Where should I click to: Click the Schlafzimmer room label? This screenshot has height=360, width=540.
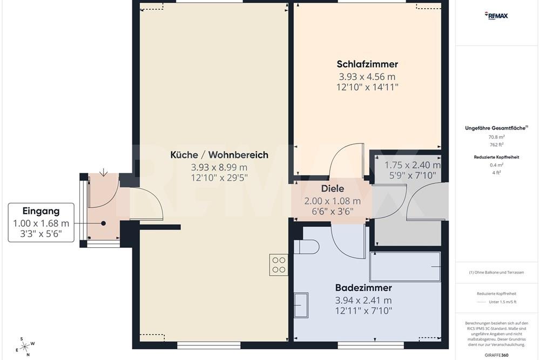[x=367, y=65]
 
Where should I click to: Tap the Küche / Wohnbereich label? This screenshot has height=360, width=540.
[x=219, y=155]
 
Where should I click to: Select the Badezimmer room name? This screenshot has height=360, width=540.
[x=363, y=288]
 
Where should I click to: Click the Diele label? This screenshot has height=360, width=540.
[x=333, y=189]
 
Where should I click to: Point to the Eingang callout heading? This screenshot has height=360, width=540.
[x=41, y=211]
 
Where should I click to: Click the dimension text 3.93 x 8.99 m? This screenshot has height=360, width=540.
[x=219, y=167]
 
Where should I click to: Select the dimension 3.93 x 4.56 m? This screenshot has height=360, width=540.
[x=367, y=77]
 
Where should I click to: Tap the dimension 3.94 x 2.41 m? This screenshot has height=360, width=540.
[x=363, y=300]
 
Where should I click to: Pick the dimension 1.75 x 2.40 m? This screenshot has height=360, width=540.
[x=412, y=165]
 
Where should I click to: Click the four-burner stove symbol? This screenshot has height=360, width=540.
[x=279, y=264]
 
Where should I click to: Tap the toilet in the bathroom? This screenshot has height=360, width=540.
[x=307, y=247]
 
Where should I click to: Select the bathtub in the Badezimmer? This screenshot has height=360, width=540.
[x=405, y=266]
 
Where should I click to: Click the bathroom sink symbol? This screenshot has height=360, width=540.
[x=301, y=305]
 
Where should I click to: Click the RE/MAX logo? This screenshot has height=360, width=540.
[x=496, y=16]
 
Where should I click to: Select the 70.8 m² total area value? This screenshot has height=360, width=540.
[x=496, y=137]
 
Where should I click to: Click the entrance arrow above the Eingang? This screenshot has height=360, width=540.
[x=103, y=173]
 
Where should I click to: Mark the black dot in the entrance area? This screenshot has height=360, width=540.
[x=103, y=223]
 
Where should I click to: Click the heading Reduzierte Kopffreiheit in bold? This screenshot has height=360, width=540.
[x=496, y=157]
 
